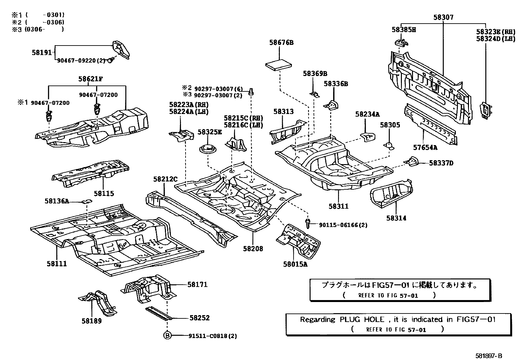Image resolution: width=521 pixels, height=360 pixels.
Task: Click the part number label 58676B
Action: (281, 42)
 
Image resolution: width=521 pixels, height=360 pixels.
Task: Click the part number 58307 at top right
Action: (443, 17)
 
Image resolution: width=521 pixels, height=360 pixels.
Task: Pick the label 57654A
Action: (425, 147)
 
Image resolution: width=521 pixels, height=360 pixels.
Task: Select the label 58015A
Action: (295, 264)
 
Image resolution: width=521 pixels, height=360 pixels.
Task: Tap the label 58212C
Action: (165, 179)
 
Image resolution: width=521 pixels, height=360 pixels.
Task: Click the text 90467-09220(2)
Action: (81, 60)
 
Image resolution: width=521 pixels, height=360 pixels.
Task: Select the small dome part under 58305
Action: (389, 145)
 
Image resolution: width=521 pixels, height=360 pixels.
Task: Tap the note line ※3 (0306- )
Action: (38, 29)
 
